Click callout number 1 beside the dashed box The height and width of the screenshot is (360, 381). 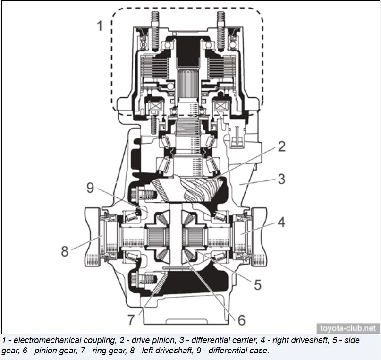pyautogui.click(x=99, y=25)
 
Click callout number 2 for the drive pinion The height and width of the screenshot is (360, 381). pyautogui.click(x=281, y=146)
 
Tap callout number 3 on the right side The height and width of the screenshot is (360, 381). pyautogui.click(x=281, y=179)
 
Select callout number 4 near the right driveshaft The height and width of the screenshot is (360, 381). pyautogui.click(x=281, y=222)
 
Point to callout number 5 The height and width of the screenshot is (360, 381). pyautogui.click(x=257, y=284)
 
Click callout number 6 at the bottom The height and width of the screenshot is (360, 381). pyautogui.click(x=241, y=320)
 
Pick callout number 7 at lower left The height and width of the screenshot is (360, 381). pyautogui.click(x=131, y=320)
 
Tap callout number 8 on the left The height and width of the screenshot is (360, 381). pyautogui.click(x=65, y=250)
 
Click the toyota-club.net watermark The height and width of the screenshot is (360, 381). pyautogui.click(x=348, y=328)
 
